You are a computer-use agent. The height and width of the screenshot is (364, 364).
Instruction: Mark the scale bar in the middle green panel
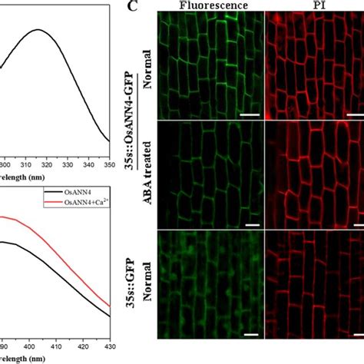pyautogui.click(x=250, y=226)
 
